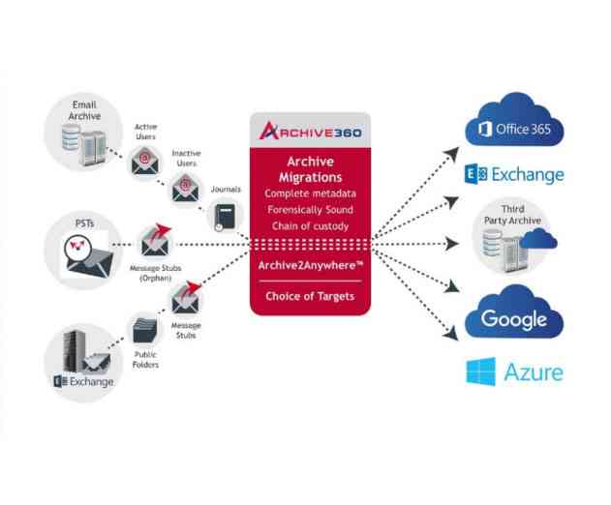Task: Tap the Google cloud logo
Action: tap(513, 317)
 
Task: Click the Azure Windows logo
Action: tap(481, 371)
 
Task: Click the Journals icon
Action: tap(225, 216)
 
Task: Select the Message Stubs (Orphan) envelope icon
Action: tap(155, 238)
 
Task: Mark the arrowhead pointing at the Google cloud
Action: tap(450, 335)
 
